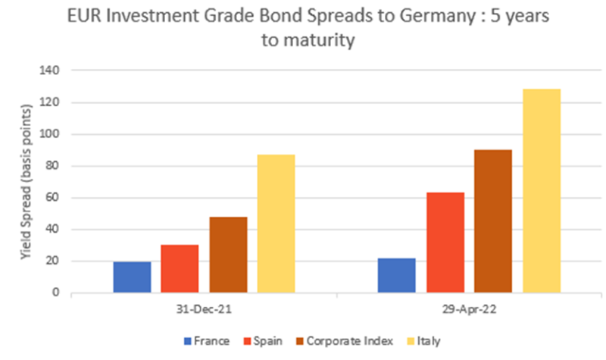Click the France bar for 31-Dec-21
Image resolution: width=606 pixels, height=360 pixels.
132,277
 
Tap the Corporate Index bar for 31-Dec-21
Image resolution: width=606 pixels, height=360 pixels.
228,255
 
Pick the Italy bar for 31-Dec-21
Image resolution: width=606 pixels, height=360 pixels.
276,224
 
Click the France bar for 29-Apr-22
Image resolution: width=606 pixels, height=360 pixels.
396,276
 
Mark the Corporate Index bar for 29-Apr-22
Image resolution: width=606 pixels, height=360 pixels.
493,221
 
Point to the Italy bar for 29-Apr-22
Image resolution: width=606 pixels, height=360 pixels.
542,191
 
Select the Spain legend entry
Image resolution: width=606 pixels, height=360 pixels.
262,342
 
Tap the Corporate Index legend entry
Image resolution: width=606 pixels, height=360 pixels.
337,342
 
